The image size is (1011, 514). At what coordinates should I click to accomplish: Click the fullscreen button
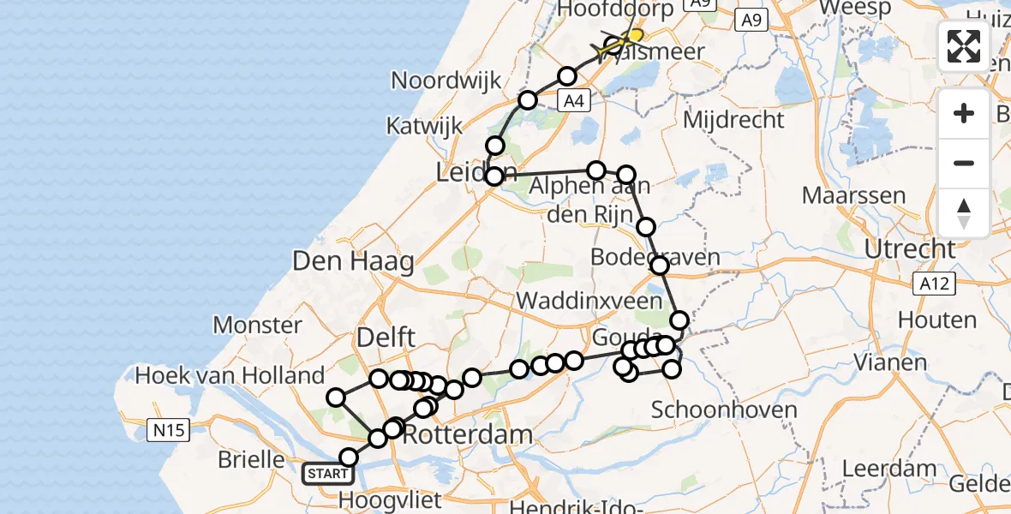(964, 46)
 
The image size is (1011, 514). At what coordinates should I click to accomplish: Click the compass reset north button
(964, 212)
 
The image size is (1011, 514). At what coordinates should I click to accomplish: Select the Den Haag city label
(353, 261)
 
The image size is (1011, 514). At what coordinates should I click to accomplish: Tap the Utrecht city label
(910, 249)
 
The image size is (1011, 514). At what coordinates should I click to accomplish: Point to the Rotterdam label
(467, 434)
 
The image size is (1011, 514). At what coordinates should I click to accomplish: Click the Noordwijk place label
(446, 81)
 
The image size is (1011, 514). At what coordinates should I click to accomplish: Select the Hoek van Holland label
(230, 375)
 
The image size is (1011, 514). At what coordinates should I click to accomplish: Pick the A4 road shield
(574, 101)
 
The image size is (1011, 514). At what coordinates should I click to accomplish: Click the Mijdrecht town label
(733, 119)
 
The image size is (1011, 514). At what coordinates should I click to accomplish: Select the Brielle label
(251, 459)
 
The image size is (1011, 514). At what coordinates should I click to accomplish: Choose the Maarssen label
(853, 195)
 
